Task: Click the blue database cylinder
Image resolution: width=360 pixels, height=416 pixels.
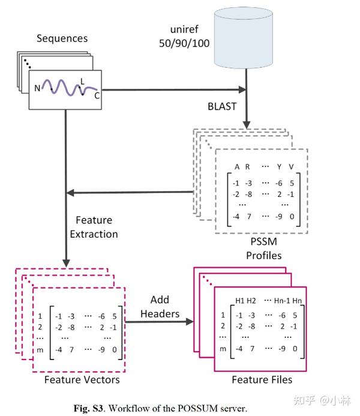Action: point(244,38)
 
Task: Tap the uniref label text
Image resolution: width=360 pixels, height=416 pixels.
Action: point(184,36)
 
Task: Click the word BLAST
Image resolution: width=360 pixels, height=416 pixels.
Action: point(222,106)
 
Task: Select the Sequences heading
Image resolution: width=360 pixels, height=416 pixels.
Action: point(62,38)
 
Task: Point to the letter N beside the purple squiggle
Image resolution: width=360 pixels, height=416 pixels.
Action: point(37,88)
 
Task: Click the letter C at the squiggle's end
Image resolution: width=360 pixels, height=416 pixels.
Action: point(97,95)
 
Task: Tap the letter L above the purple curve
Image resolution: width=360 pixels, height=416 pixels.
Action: point(82,82)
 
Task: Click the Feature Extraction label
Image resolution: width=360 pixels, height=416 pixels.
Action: point(94,227)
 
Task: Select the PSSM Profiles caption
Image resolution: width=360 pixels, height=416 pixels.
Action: point(264,249)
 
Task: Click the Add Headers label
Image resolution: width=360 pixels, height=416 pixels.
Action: point(160,307)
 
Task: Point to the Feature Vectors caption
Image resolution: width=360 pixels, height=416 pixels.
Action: point(82,379)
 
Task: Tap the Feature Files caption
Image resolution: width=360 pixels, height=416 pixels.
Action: point(262,379)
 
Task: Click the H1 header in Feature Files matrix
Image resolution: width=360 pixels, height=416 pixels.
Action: point(240,301)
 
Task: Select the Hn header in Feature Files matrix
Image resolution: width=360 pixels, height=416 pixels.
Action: point(297,301)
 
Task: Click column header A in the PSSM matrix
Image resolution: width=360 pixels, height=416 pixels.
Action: point(237,167)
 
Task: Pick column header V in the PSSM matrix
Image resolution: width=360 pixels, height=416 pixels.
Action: point(291,167)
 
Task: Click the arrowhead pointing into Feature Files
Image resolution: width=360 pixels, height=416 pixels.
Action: point(190,322)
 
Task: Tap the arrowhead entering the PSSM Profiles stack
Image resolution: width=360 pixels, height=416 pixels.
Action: point(247,125)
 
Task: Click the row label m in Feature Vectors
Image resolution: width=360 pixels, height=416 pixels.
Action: point(40,350)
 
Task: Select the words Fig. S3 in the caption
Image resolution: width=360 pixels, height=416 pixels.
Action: point(88,408)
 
